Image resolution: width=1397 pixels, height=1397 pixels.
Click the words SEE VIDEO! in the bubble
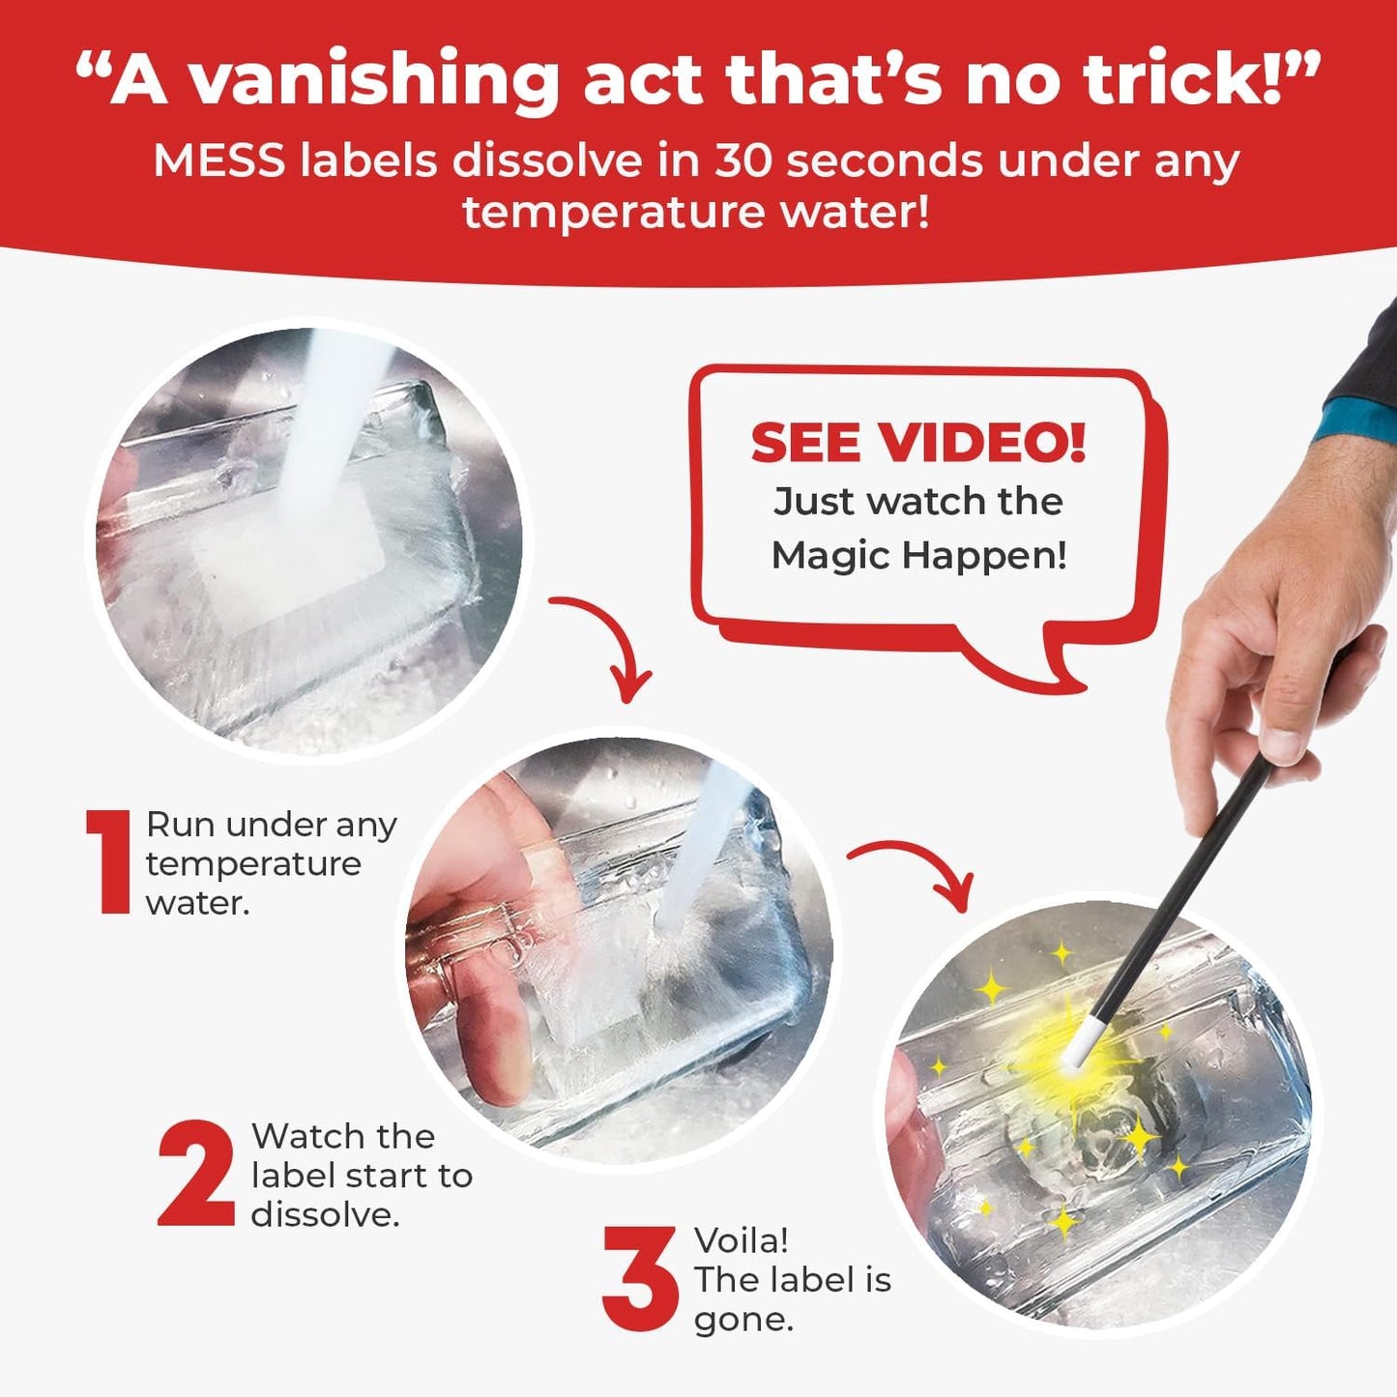tap(918, 443)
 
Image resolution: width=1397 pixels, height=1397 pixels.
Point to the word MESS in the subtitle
tap(219, 161)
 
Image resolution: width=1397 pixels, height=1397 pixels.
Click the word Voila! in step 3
tap(741, 1242)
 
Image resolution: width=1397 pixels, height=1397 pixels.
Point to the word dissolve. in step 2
tap(325, 1216)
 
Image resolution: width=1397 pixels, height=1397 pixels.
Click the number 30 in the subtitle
tap(743, 161)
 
